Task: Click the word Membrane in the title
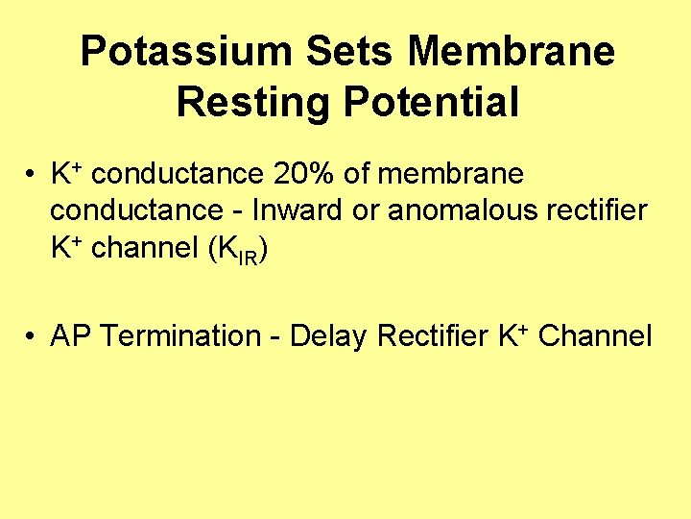click(511, 52)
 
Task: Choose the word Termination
click(180, 336)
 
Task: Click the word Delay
click(328, 336)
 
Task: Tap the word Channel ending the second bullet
click(596, 336)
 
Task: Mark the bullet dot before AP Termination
click(33, 337)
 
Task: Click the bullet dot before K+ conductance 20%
click(33, 175)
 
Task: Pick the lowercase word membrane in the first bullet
click(451, 174)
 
